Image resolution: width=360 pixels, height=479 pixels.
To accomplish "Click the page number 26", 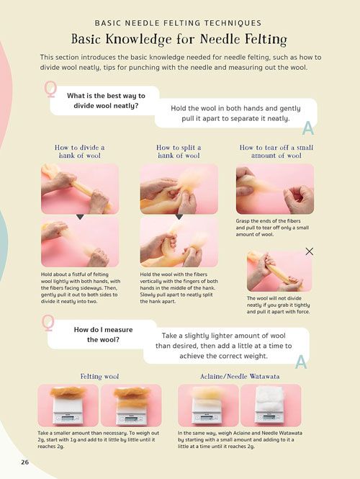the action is tap(24, 462).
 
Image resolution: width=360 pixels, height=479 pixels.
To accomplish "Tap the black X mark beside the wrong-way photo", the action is tap(310, 251).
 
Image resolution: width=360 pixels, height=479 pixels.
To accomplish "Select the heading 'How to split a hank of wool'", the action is tap(179, 151).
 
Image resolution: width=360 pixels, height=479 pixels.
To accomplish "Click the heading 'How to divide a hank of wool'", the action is tap(80, 151).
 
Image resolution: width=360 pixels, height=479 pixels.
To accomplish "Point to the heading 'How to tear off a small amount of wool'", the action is tap(276, 151).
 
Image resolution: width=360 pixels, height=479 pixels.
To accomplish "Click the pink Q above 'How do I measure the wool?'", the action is tap(48, 323).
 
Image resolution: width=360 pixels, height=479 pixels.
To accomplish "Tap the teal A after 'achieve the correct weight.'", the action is tap(301, 362).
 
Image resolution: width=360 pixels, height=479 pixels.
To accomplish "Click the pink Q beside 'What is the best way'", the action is tap(50, 89).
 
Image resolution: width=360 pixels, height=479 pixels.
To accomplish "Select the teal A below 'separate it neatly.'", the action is tap(308, 128).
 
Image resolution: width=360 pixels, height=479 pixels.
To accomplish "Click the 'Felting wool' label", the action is tap(99, 376).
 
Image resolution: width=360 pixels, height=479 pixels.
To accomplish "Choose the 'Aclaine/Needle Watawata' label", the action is tap(240, 376).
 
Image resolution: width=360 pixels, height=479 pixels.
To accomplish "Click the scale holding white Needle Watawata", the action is tap(269, 409).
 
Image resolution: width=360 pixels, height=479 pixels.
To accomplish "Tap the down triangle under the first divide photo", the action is tap(80, 217).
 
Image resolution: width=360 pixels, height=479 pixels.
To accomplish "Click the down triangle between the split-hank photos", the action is tap(179, 217).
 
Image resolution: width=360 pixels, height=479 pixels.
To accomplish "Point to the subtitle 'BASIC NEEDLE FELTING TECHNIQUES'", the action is tap(178, 23).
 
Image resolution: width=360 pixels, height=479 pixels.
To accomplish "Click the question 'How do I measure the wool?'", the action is tap(103, 334).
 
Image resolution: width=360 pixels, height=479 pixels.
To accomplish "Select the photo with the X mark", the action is tap(279, 272).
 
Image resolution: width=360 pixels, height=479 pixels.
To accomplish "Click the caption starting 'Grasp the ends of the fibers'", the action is tap(272, 228).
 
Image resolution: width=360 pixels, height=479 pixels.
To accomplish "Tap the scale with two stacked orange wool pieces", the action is tap(131, 411).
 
